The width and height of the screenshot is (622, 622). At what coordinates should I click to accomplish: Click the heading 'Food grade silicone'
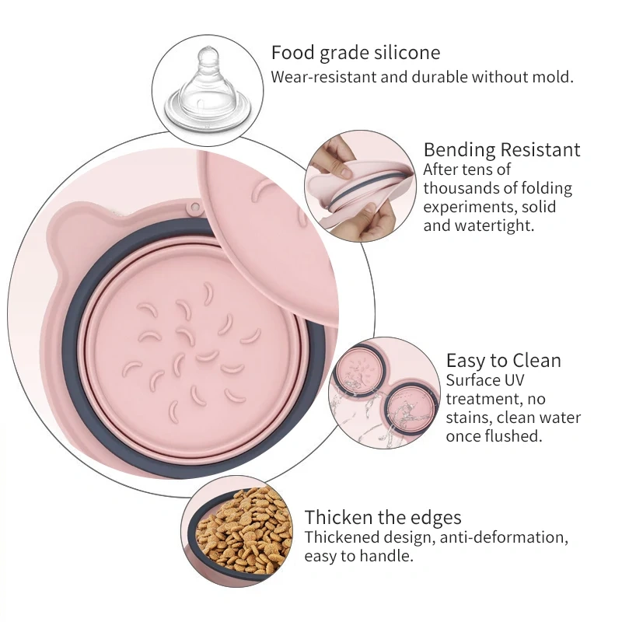(355, 53)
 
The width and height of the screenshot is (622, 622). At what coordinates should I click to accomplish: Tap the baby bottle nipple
(208, 90)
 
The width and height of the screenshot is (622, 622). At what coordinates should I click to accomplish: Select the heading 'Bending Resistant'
(501, 150)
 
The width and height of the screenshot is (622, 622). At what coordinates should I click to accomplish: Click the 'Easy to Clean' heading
(503, 361)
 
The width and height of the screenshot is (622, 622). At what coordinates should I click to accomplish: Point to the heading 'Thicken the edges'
(383, 518)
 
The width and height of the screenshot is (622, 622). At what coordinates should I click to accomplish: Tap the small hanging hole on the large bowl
(194, 207)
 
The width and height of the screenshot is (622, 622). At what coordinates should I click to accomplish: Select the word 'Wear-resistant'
(323, 77)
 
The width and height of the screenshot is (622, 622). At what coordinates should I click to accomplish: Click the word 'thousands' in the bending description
(460, 188)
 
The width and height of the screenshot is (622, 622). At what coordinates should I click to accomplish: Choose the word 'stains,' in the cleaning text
(469, 418)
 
